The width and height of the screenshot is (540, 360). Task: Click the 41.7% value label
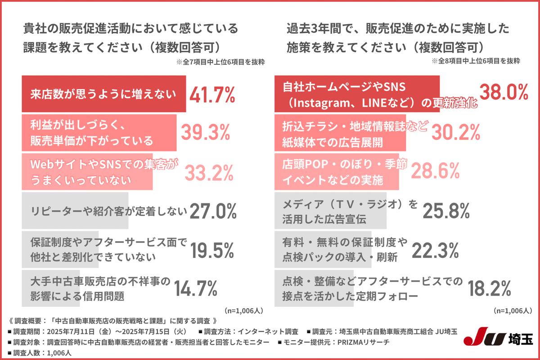coord(212,94)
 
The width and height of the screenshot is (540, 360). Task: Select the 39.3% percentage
coord(206,133)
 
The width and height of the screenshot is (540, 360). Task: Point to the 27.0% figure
coord(213,211)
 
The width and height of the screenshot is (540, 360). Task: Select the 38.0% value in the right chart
coord(504,92)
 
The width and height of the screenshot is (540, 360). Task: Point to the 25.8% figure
coord(446,211)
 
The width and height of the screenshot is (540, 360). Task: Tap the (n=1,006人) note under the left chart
coord(243,310)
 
